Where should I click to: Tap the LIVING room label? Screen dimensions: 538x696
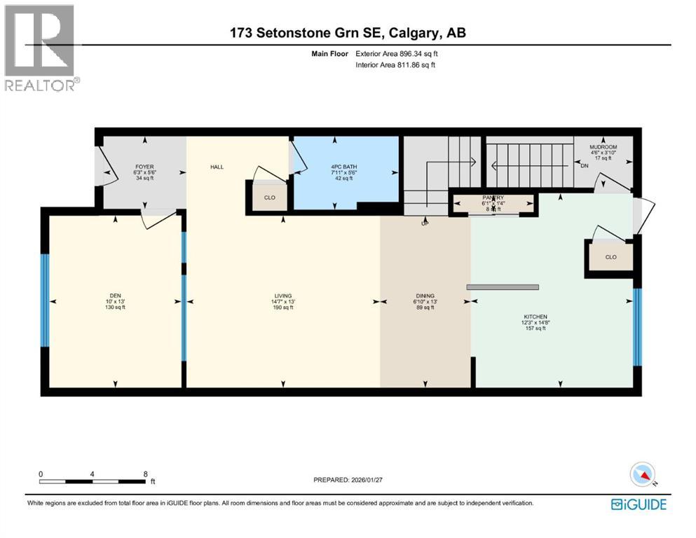tap(283, 296)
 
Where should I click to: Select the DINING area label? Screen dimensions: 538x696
tap(425, 296)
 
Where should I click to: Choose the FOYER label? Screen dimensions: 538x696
tap(144, 167)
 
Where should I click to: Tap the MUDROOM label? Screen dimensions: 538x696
tap(603, 147)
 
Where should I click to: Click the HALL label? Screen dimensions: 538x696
tap(216, 167)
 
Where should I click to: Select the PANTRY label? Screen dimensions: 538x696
tap(493, 198)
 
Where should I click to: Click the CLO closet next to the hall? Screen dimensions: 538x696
tap(268, 198)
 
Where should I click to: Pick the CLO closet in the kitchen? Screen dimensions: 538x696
tap(610, 257)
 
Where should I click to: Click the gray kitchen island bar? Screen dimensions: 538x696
tap(503, 287)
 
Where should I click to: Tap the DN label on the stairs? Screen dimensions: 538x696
tap(585, 166)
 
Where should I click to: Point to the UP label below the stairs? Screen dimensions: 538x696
tap(423, 224)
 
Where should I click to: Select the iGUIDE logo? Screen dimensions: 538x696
tap(639, 504)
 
